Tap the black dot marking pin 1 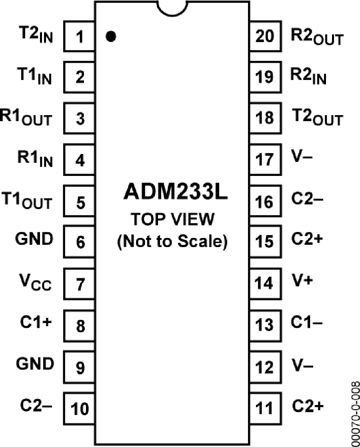point(111,37)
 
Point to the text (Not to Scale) point(172,242)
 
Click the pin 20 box point(265,37)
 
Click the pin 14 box point(265,283)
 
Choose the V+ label point(301,282)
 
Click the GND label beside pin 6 point(34,240)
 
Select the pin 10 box point(79,408)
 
